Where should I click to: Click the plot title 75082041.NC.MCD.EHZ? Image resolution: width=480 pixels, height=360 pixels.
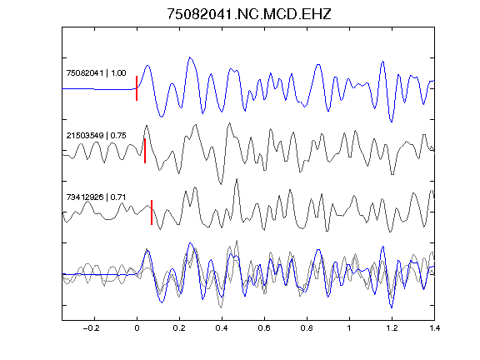pos(249,14)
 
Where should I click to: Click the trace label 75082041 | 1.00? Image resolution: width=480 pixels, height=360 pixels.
pos(96,73)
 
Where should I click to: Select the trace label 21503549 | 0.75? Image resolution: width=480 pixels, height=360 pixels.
pos(96,136)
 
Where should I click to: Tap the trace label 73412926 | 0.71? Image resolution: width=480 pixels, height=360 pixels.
pos(96,197)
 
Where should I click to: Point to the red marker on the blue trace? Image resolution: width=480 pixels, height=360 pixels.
pos(137,88)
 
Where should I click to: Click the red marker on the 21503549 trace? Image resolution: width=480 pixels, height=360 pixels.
pos(145,151)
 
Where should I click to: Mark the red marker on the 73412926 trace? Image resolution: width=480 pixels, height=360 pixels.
pos(152,212)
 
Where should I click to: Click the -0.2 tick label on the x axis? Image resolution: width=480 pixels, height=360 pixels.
pos(92,328)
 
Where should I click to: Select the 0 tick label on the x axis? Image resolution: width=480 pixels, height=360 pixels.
pos(137,328)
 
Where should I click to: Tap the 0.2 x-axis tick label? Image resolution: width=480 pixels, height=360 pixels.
pos(179,328)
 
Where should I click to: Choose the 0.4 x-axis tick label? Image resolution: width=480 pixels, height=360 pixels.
pos(222,328)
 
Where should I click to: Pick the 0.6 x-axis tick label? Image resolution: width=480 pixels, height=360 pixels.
pos(264,328)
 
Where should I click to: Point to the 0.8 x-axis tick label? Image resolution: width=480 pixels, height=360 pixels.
pos(307,328)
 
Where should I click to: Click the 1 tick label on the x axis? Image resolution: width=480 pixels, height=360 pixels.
pos(349,328)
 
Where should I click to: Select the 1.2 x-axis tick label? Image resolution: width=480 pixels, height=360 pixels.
pos(392,328)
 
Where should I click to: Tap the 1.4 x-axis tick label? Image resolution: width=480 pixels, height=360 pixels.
pos(434,328)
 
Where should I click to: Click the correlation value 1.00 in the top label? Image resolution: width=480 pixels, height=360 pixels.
pos(118,73)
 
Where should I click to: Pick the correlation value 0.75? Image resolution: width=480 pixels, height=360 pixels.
pos(118,136)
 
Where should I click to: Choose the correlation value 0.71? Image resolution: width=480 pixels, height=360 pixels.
pos(118,197)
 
